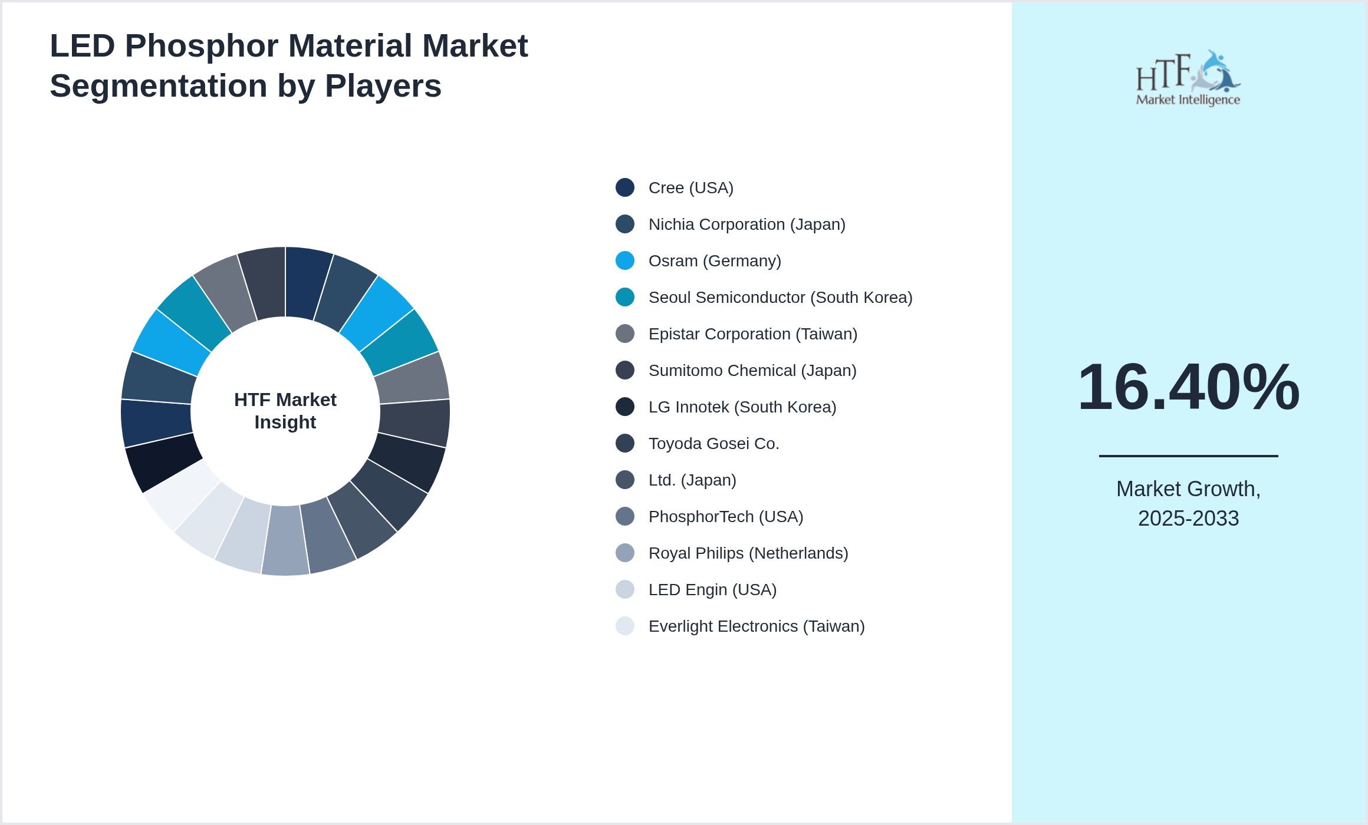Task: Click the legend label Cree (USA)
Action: [x=690, y=188]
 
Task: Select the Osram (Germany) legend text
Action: [x=715, y=261]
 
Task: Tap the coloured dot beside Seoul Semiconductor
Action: [x=625, y=298]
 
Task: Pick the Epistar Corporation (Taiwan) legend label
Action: [x=752, y=334]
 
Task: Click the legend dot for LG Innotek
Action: [x=625, y=407]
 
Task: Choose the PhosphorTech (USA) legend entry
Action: [x=725, y=517]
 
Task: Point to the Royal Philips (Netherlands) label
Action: [x=748, y=553]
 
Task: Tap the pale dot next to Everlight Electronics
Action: [x=625, y=626]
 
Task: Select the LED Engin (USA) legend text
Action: [x=712, y=590]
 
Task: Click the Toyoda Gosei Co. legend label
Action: [x=713, y=444]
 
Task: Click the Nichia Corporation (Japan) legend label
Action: [x=747, y=225]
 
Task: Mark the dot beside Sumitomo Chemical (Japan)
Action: [x=625, y=371]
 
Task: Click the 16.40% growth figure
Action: [x=1188, y=387]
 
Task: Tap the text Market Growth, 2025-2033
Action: [x=1188, y=504]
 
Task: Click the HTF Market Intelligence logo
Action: [x=1188, y=78]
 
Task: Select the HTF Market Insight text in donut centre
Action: [x=285, y=411]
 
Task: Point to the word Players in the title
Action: [x=383, y=86]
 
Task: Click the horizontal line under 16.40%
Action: [x=1188, y=456]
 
